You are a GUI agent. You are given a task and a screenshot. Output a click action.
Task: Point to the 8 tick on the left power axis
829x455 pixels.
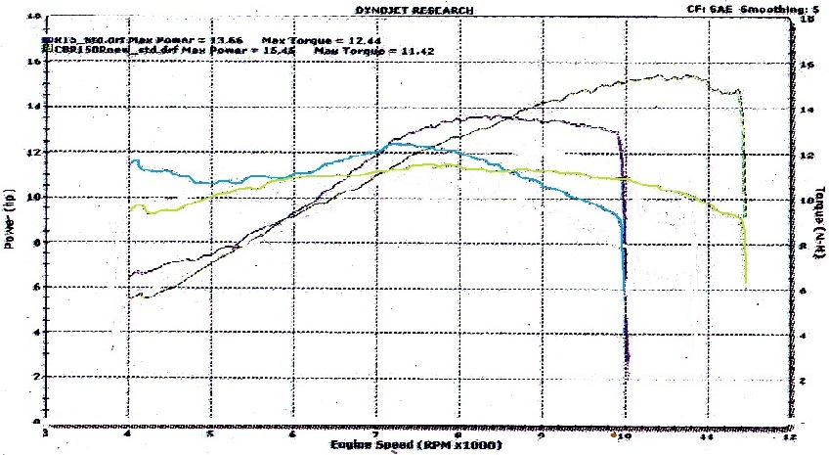click(35, 243)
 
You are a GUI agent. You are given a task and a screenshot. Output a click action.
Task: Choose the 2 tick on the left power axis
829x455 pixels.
click(35, 378)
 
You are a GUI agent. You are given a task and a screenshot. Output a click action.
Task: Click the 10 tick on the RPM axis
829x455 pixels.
click(625, 432)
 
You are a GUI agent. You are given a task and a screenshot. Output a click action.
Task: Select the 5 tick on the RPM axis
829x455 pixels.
click(208, 432)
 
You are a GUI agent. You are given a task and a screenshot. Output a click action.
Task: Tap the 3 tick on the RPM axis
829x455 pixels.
click(43, 432)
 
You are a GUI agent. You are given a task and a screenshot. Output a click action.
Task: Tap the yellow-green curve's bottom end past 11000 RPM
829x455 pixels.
click(747, 282)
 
